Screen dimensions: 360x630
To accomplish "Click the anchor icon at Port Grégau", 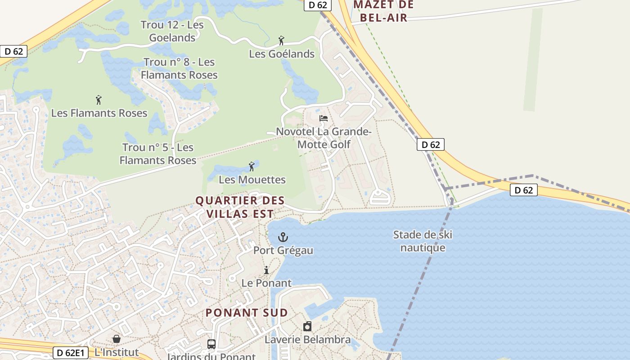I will pos(283,237).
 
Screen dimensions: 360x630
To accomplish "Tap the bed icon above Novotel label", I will pos(324,119).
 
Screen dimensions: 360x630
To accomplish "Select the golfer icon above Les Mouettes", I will pos(252,166).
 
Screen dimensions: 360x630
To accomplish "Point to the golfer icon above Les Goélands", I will pos(281,41).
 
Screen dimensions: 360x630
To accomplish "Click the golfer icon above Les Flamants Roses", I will pos(99,99).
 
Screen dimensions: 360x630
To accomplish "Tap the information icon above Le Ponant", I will pos(266,270).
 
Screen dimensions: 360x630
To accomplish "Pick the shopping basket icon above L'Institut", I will pos(117,338).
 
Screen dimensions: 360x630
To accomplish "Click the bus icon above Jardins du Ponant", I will pos(211,344).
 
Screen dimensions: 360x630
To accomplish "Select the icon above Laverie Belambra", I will pos(307,326).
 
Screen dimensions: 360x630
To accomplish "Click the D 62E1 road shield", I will pos(71,353).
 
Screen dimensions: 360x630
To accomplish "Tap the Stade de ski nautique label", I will pos(423,241).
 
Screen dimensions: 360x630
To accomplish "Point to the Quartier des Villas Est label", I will pos(240,207).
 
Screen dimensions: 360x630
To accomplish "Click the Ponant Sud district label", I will pos(247,312).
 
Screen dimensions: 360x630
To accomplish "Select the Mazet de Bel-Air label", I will pos(383,11).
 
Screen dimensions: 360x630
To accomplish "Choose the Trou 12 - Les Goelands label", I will pos(172,31).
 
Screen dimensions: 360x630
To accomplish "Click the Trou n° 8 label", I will pos(179,68).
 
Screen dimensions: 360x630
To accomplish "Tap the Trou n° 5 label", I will pos(158,153).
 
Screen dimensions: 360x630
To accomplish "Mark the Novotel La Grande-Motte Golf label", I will pos(324,138).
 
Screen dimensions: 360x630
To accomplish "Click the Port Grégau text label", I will pos(283,250).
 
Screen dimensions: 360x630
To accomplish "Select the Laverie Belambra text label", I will pos(307,339).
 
